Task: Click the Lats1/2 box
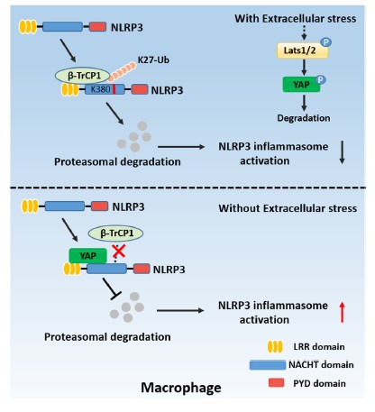[302, 50]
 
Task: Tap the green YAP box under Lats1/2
[301, 85]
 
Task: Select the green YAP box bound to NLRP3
[87, 256]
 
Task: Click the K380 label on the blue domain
[100, 89]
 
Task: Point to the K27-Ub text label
[153, 60]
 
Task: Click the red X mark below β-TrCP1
[119, 252]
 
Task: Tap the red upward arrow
[342, 313]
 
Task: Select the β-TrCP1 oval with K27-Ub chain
[82, 76]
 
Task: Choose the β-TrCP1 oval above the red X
[115, 233]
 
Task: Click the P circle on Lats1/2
[325, 41]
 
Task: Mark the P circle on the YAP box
[321, 79]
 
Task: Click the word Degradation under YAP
[304, 118]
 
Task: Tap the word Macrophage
[181, 388]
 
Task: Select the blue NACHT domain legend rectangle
[268, 365]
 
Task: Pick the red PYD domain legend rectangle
[276, 382]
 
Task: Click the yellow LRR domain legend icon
[275, 346]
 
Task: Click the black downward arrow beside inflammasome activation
[342, 152]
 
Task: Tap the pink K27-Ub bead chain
[122, 72]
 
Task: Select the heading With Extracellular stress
[296, 19]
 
